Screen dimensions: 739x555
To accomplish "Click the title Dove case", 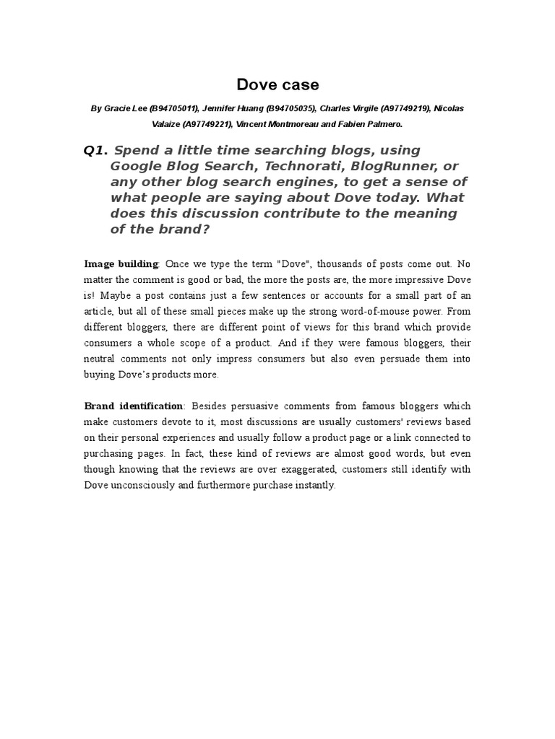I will coord(277,84).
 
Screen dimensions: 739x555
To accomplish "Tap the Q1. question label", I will coord(95,150).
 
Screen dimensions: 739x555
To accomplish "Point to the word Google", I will coord(135,166).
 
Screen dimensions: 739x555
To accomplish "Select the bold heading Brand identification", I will coord(134,406).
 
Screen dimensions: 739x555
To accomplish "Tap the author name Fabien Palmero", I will coord(375,124).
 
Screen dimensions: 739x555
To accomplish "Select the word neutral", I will coord(103,359).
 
